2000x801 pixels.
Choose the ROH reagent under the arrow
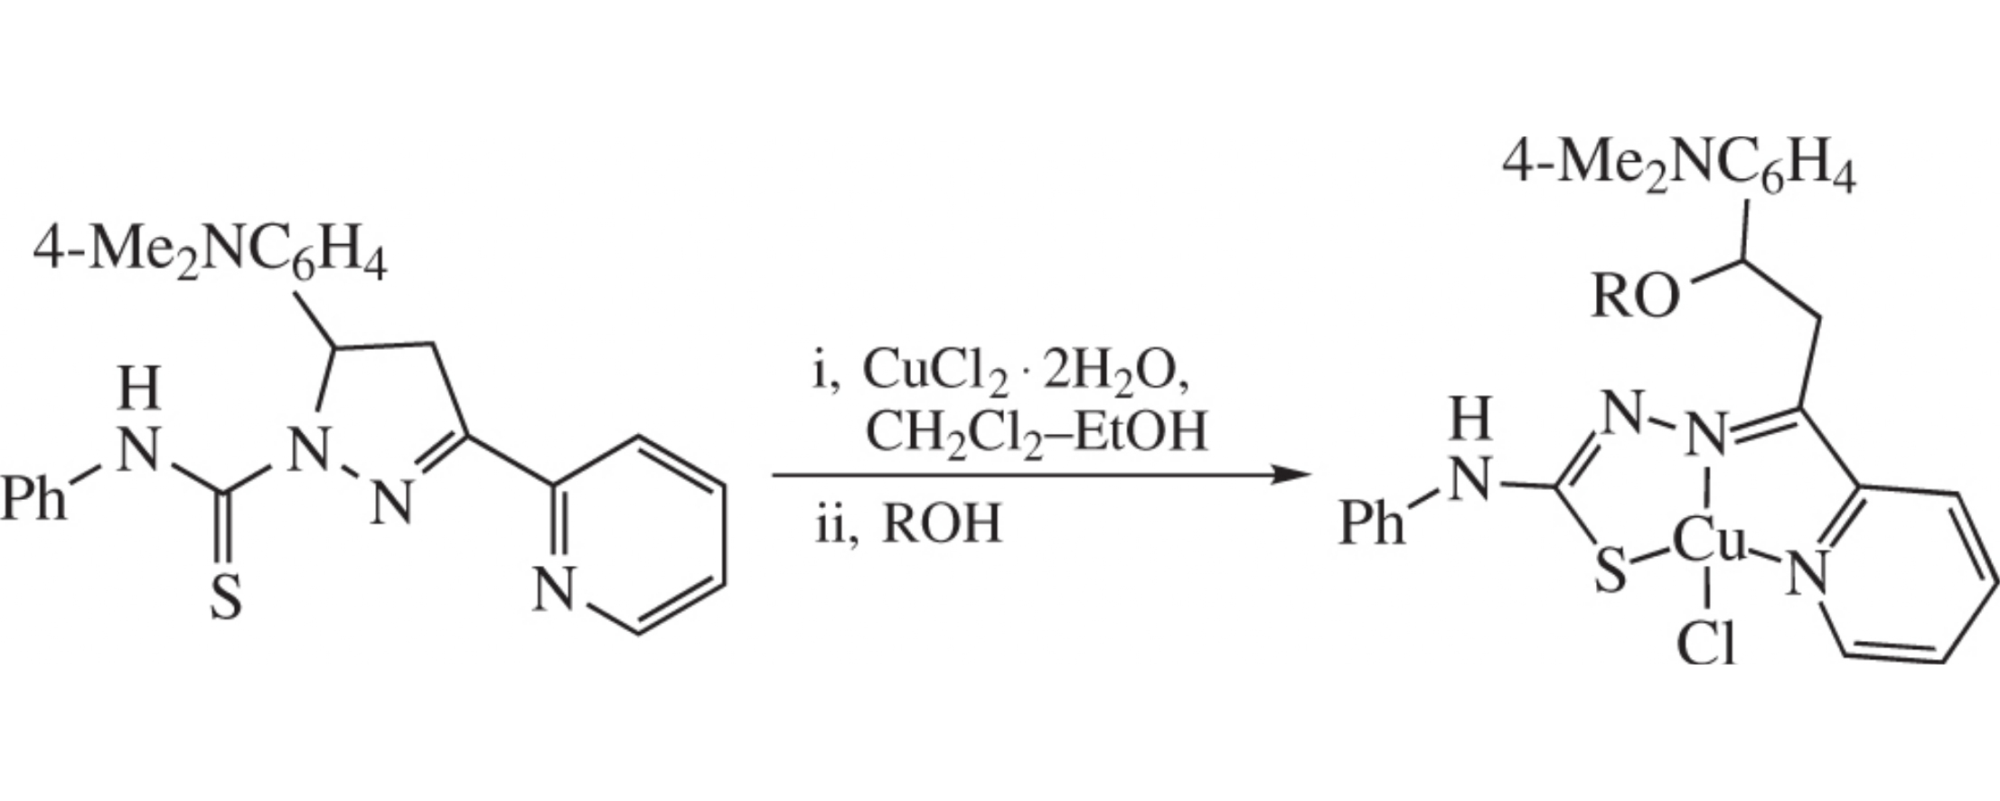(x=942, y=523)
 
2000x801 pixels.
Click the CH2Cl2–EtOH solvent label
(x=1036, y=432)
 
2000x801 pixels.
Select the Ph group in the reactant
(x=34, y=498)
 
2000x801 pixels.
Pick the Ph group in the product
(x=1371, y=523)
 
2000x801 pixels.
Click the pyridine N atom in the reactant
(x=553, y=589)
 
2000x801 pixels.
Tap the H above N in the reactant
(x=139, y=389)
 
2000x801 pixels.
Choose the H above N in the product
(x=1470, y=420)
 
